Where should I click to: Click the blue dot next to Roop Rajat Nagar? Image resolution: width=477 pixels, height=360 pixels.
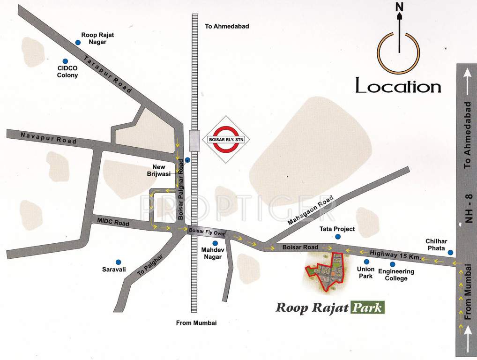point(78,43)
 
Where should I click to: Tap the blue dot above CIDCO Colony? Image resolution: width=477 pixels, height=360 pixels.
point(65,61)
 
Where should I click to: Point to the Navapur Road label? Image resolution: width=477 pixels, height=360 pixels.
point(48,138)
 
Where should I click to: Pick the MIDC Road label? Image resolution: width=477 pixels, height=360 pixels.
point(113,222)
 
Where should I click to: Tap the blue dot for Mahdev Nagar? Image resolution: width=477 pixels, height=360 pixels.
point(215,243)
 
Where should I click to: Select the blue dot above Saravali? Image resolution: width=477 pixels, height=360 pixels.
point(118,262)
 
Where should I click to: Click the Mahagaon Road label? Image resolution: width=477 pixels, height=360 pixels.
point(310,212)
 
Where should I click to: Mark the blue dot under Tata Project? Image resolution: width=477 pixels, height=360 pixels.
point(337,237)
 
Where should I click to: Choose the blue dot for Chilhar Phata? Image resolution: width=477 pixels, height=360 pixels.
point(450,252)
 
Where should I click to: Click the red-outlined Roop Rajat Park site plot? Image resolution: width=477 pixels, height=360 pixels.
point(328,270)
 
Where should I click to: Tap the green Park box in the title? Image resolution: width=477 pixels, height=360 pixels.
point(368,308)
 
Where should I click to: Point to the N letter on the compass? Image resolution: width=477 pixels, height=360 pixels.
point(399,7)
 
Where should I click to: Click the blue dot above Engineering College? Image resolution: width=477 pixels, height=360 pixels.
point(392,264)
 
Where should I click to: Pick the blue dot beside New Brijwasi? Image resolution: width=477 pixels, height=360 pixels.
point(187,160)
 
